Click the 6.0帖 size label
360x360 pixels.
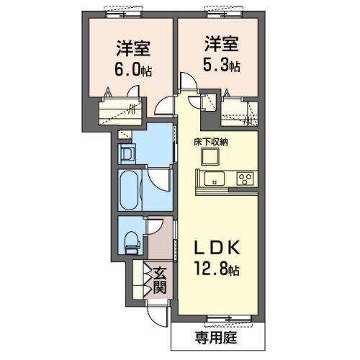pyautogui.click(x=133, y=71)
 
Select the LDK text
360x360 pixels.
pyautogui.click(x=217, y=248)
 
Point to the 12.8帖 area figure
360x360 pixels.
pyautogui.click(x=217, y=269)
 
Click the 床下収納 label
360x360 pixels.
pyautogui.click(x=211, y=143)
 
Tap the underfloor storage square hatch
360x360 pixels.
pyautogui.click(x=210, y=156)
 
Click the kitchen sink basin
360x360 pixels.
pyautogui.click(x=214, y=179)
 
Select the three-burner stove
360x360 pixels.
pyautogui.click(x=245, y=179)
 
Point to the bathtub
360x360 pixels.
pyautogui.click(x=129, y=189)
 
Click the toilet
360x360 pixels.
pyautogui.click(x=132, y=243)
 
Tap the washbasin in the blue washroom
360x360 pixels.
pyautogui.click(x=127, y=153)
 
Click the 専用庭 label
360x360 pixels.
pyautogui.click(x=216, y=338)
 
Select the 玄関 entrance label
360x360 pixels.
pyautogui.click(x=160, y=281)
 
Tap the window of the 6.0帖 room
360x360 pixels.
pyautogui.click(x=124, y=14)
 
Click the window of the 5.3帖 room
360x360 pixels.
pyautogui.click(x=225, y=14)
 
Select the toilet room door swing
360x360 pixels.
pyautogui.click(x=154, y=227)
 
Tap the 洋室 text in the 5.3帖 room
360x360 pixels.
pyautogui.click(x=222, y=44)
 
